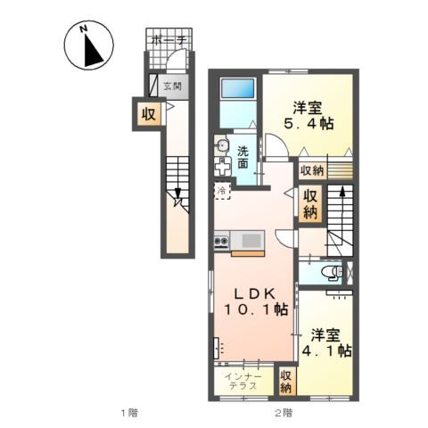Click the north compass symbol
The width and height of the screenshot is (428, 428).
(x=89, y=45)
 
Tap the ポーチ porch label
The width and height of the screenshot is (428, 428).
(x=169, y=40)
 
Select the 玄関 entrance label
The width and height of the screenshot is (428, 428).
(x=173, y=86)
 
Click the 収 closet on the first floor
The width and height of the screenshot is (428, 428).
(x=148, y=114)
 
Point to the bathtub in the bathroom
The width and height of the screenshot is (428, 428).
(x=238, y=88)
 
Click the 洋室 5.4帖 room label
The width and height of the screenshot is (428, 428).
(x=309, y=116)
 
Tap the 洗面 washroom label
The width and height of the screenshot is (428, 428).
(x=243, y=158)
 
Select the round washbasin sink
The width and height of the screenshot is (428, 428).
(x=222, y=145)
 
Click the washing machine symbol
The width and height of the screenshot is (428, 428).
(x=223, y=167)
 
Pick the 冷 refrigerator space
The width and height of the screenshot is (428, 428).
(x=222, y=191)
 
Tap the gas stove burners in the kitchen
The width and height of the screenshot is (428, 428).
(x=221, y=240)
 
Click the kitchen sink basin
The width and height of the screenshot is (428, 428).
(x=252, y=241)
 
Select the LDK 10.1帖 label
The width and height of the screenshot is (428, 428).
(x=255, y=301)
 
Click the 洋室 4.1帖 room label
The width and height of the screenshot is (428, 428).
(x=326, y=342)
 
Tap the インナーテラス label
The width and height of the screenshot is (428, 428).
(x=243, y=382)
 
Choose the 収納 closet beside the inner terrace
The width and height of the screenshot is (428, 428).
(x=285, y=382)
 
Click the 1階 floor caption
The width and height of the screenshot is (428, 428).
(x=130, y=413)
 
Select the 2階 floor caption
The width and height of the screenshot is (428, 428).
(x=284, y=413)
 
